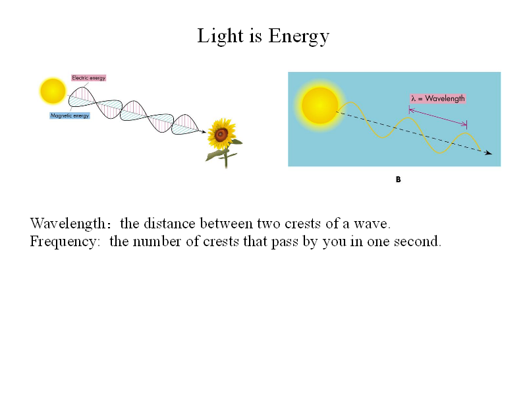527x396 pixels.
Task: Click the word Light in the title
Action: pyautogui.click(x=220, y=36)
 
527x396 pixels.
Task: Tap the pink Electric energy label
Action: pyautogui.click(x=89, y=78)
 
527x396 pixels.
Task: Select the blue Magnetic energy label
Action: pyautogui.click(x=70, y=115)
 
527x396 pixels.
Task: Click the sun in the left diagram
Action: pyautogui.click(x=53, y=90)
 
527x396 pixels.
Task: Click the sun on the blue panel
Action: pyautogui.click(x=319, y=106)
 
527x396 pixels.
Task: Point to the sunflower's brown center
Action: pyautogui.click(x=221, y=135)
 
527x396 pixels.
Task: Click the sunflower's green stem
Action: pyautogui.click(x=226, y=158)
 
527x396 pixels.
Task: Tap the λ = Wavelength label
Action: pyautogui.click(x=438, y=98)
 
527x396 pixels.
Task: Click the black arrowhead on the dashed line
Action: pyautogui.click(x=489, y=153)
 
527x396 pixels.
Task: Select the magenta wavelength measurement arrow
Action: pyautogui.click(x=438, y=117)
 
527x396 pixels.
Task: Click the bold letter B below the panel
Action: pyautogui.click(x=399, y=180)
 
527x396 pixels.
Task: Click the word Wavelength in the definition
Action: pyautogui.click(x=68, y=224)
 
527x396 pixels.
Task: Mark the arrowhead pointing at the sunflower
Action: pyautogui.click(x=204, y=131)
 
